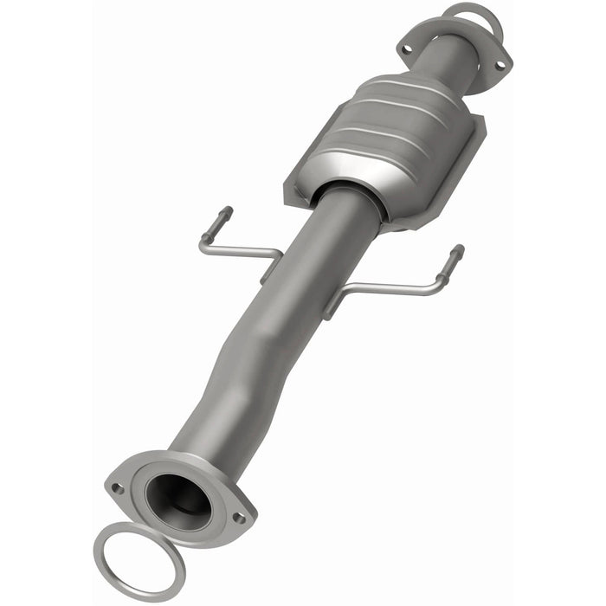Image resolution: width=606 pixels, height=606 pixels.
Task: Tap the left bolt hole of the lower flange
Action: pos(119,488)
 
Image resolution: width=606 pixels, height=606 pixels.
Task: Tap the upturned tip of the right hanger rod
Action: pos(455,254)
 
